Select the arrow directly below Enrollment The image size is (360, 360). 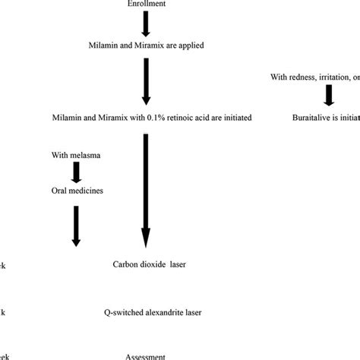pyautogui.click(x=147, y=25)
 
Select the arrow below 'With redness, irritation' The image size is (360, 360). pyautogui.click(x=329, y=96)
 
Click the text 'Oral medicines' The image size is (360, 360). pyautogui.click(x=77, y=191)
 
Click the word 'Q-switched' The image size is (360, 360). pyautogui.click(x=122, y=311)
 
